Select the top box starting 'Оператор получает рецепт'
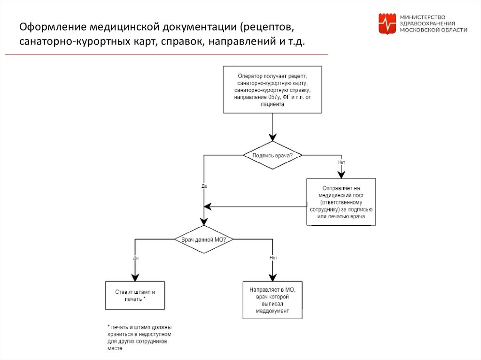(272, 90)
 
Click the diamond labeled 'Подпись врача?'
(272, 155)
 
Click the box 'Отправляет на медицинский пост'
(341, 201)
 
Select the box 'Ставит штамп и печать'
(135, 295)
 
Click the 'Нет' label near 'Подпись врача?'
(341, 162)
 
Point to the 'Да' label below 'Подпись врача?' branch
(204, 186)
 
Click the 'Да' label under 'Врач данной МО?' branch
(135, 258)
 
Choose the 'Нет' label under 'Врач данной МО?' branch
(273, 258)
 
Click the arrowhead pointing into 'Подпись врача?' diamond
(272, 138)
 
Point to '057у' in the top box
(274, 97)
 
